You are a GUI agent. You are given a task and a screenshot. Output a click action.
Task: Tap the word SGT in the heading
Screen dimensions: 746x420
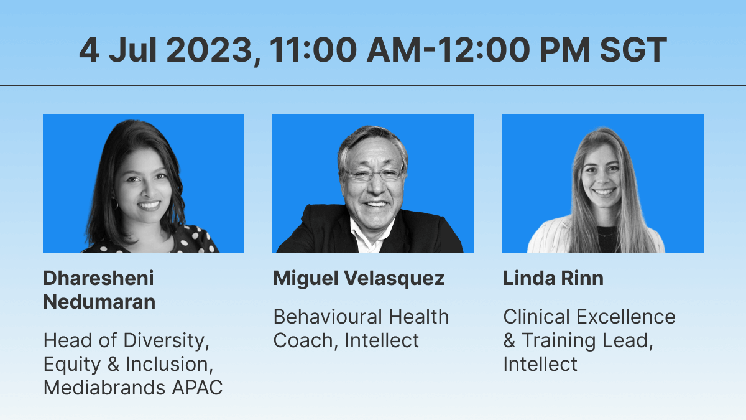coord(633,50)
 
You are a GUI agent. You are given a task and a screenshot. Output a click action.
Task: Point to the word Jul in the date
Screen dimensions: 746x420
coord(133,50)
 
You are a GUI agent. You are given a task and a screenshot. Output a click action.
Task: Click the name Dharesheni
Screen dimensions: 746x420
coord(99,278)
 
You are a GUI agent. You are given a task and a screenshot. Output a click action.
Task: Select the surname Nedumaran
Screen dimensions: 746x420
coord(99,302)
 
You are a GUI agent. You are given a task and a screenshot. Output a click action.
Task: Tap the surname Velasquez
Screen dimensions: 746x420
coord(394,279)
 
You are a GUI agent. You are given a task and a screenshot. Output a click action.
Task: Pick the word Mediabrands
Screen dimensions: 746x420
coord(104,388)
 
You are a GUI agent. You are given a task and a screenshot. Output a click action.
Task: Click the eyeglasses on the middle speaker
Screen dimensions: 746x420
coord(374,174)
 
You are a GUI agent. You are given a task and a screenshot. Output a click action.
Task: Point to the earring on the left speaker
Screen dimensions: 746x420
coord(115,203)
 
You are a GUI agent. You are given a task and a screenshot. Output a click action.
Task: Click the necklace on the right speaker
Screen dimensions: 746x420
coord(607,235)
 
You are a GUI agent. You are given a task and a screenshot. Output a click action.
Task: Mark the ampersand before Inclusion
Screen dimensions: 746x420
coord(114,364)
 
